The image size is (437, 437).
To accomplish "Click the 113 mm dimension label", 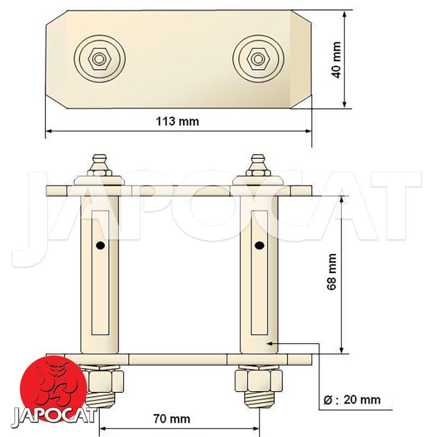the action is click(177, 121).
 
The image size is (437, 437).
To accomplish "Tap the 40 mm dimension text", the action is click(336, 60).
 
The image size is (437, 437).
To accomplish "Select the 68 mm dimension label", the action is click(332, 271).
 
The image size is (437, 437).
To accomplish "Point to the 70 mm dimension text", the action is click(172, 419).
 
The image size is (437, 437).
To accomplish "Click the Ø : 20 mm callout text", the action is click(352, 400).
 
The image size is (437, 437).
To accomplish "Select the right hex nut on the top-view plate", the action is click(258, 59).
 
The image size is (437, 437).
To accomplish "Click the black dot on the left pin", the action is click(101, 245).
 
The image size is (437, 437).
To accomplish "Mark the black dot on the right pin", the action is click(259, 245).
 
